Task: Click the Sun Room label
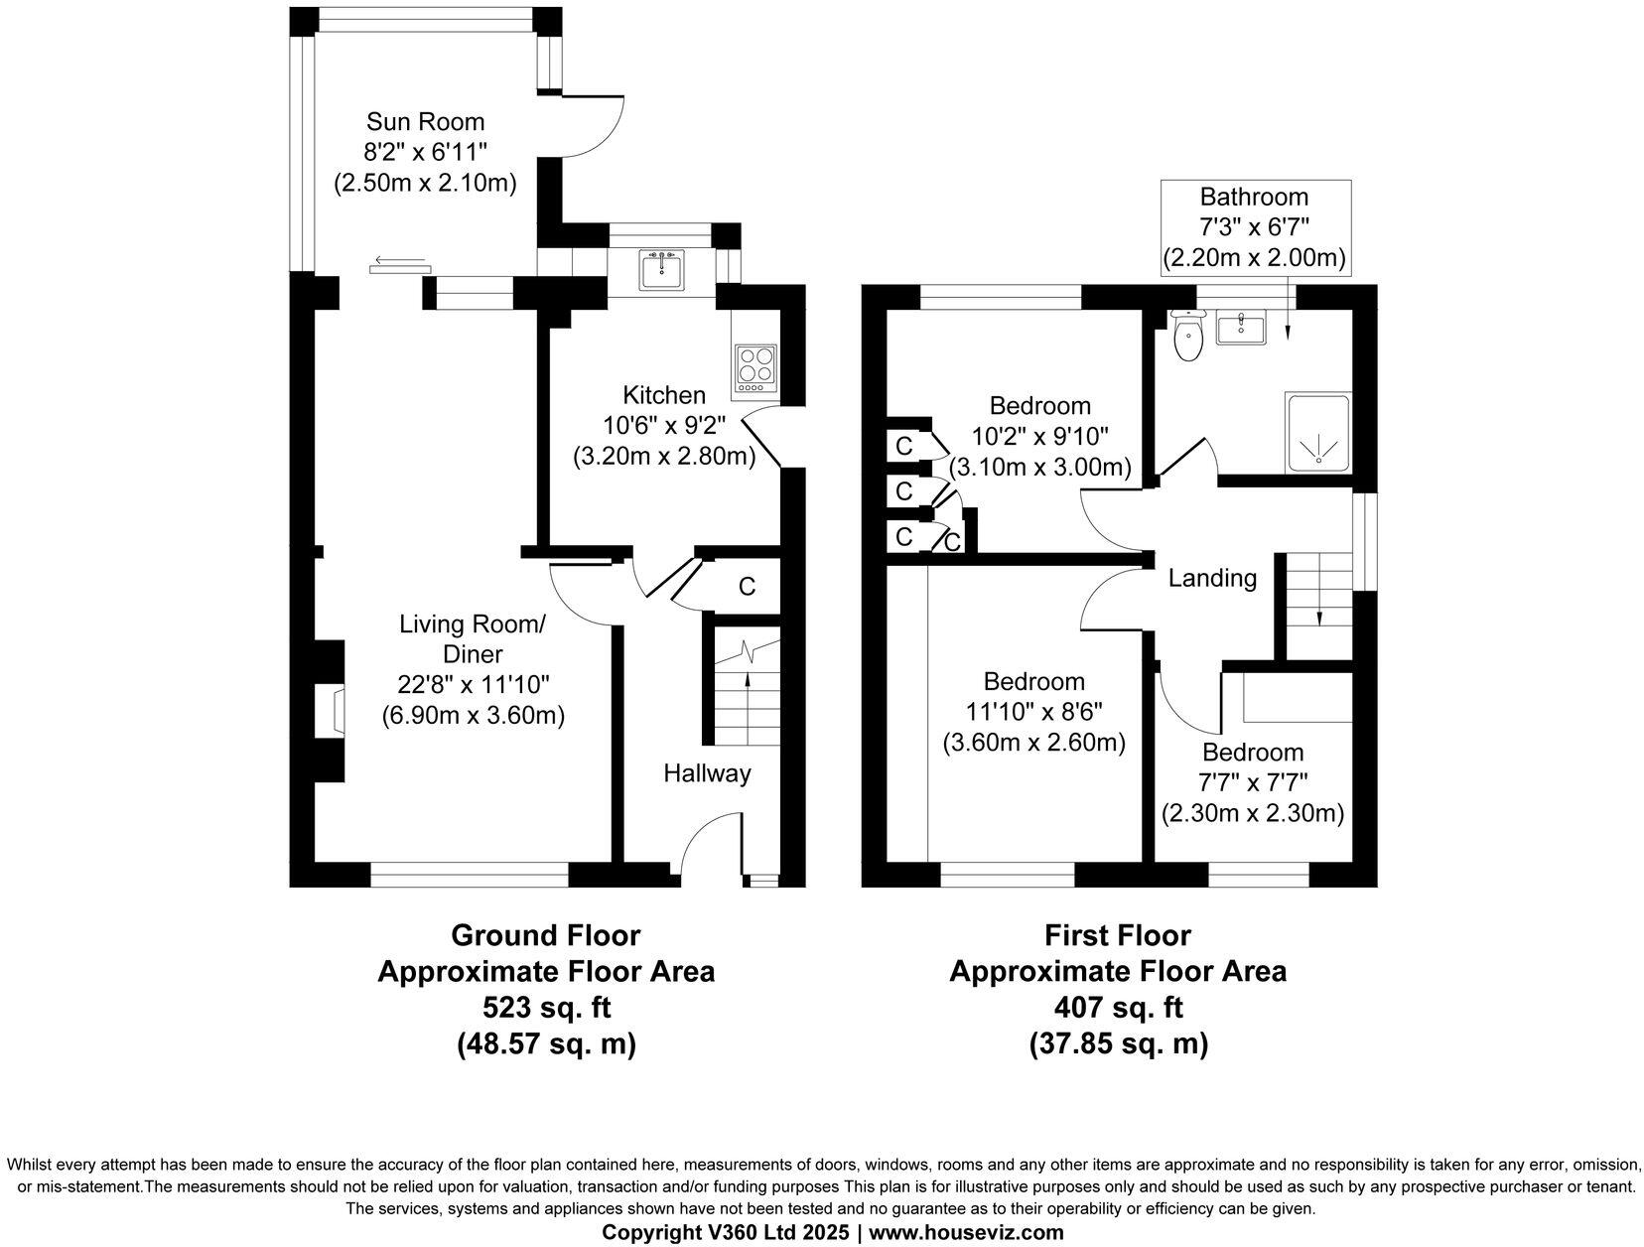(x=425, y=122)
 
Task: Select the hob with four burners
(x=756, y=365)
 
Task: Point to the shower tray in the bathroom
(x=1318, y=434)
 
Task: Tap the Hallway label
(x=707, y=773)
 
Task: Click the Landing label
(x=1212, y=578)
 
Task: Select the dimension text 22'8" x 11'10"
(x=474, y=684)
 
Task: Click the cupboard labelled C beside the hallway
(x=747, y=587)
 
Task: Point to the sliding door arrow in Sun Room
(x=400, y=263)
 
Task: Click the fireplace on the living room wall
(x=332, y=713)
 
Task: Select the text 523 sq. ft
(x=546, y=1008)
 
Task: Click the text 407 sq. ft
(x=1118, y=1008)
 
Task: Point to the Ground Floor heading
(x=546, y=935)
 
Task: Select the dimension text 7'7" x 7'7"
(x=1253, y=782)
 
